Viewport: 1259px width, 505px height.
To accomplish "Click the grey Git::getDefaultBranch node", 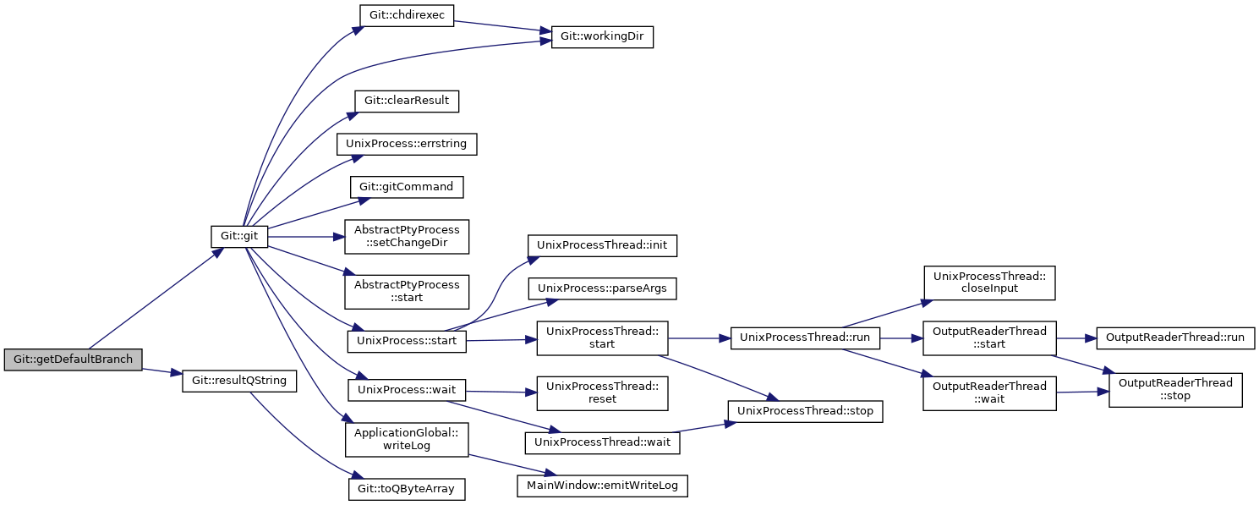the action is point(73,360).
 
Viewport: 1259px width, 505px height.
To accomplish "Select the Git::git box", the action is point(239,236).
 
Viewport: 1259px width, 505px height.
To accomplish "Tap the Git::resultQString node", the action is point(239,381).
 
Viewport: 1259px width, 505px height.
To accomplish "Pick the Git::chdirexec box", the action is point(407,15).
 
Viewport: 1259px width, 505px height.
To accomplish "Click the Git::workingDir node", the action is point(602,36).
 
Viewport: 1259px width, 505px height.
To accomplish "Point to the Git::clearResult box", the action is point(407,102).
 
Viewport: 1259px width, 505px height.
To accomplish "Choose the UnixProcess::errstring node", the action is point(407,144).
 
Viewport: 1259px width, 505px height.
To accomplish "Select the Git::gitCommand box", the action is point(407,187).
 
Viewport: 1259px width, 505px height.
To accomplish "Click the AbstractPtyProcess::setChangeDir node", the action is point(407,237).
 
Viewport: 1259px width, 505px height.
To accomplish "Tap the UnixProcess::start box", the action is point(407,342).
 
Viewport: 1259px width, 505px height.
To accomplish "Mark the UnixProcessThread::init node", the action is point(602,246).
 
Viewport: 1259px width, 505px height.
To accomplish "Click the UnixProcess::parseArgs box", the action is point(602,288).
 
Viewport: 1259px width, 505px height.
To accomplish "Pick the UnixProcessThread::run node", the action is point(805,338).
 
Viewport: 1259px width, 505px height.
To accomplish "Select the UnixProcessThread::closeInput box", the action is point(989,283).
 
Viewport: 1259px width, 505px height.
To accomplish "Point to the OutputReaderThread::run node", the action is point(1175,338).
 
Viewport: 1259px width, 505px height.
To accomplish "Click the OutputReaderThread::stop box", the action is point(1175,390).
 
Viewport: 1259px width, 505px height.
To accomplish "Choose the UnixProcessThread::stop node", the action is point(805,411).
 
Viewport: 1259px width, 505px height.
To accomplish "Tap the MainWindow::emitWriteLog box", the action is point(602,486).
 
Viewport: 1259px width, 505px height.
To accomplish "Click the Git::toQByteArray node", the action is point(407,489).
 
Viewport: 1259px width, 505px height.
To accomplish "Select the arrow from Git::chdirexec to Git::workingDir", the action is point(502,26).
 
